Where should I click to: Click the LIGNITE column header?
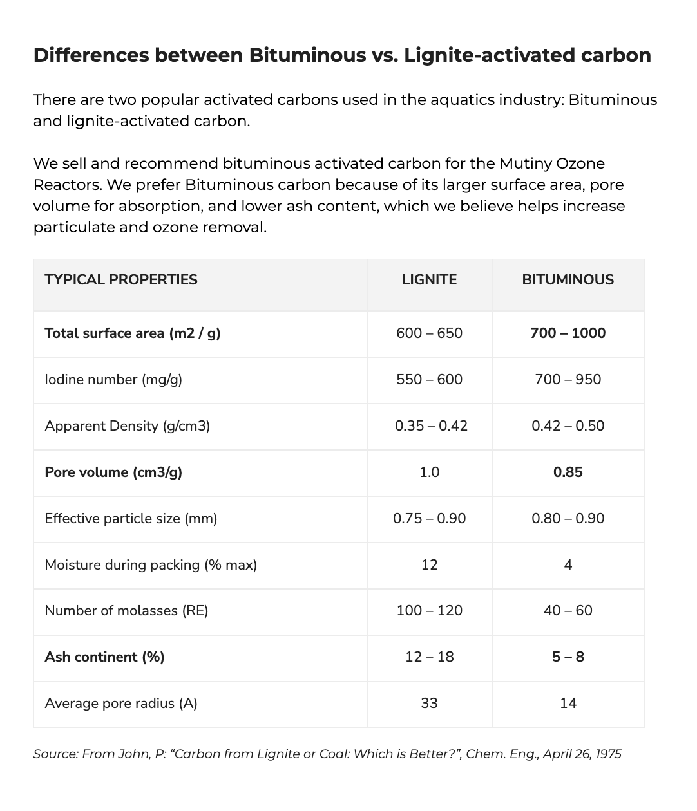pyautogui.click(x=429, y=279)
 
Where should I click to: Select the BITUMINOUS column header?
pyautogui.click(x=568, y=279)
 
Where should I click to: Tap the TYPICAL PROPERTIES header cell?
pyautogui.click(x=121, y=279)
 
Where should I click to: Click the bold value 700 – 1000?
pyautogui.click(x=568, y=333)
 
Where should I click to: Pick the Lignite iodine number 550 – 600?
pyautogui.click(x=429, y=379)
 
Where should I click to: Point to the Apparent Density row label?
pyautogui.click(x=127, y=425)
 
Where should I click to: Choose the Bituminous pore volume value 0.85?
pyautogui.click(x=568, y=472)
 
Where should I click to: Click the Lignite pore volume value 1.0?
pyautogui.click(x=429, y=472)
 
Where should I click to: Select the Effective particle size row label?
pyautogui.click(x=131, y=518)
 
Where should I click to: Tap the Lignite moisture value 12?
pyautogui.click(x=429, y=564)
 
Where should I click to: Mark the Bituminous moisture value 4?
pyautogui.click(x=568, y=564)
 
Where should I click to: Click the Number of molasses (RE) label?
pyautogui.click(x=126, y=610)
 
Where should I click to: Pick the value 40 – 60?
pyautogui.click(x=568, y=610)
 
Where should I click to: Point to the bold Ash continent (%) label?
pyautogui.click(x=104, y=657)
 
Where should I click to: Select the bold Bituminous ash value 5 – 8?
pyautogui.click(x=568, y=657)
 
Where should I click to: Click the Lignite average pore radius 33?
pyautogui.click(x=429, y=703)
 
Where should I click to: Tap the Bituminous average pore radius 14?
pyautogui.click(x=568, y=703)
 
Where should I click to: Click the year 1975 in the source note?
pyautogui.click(x=607, y=754)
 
